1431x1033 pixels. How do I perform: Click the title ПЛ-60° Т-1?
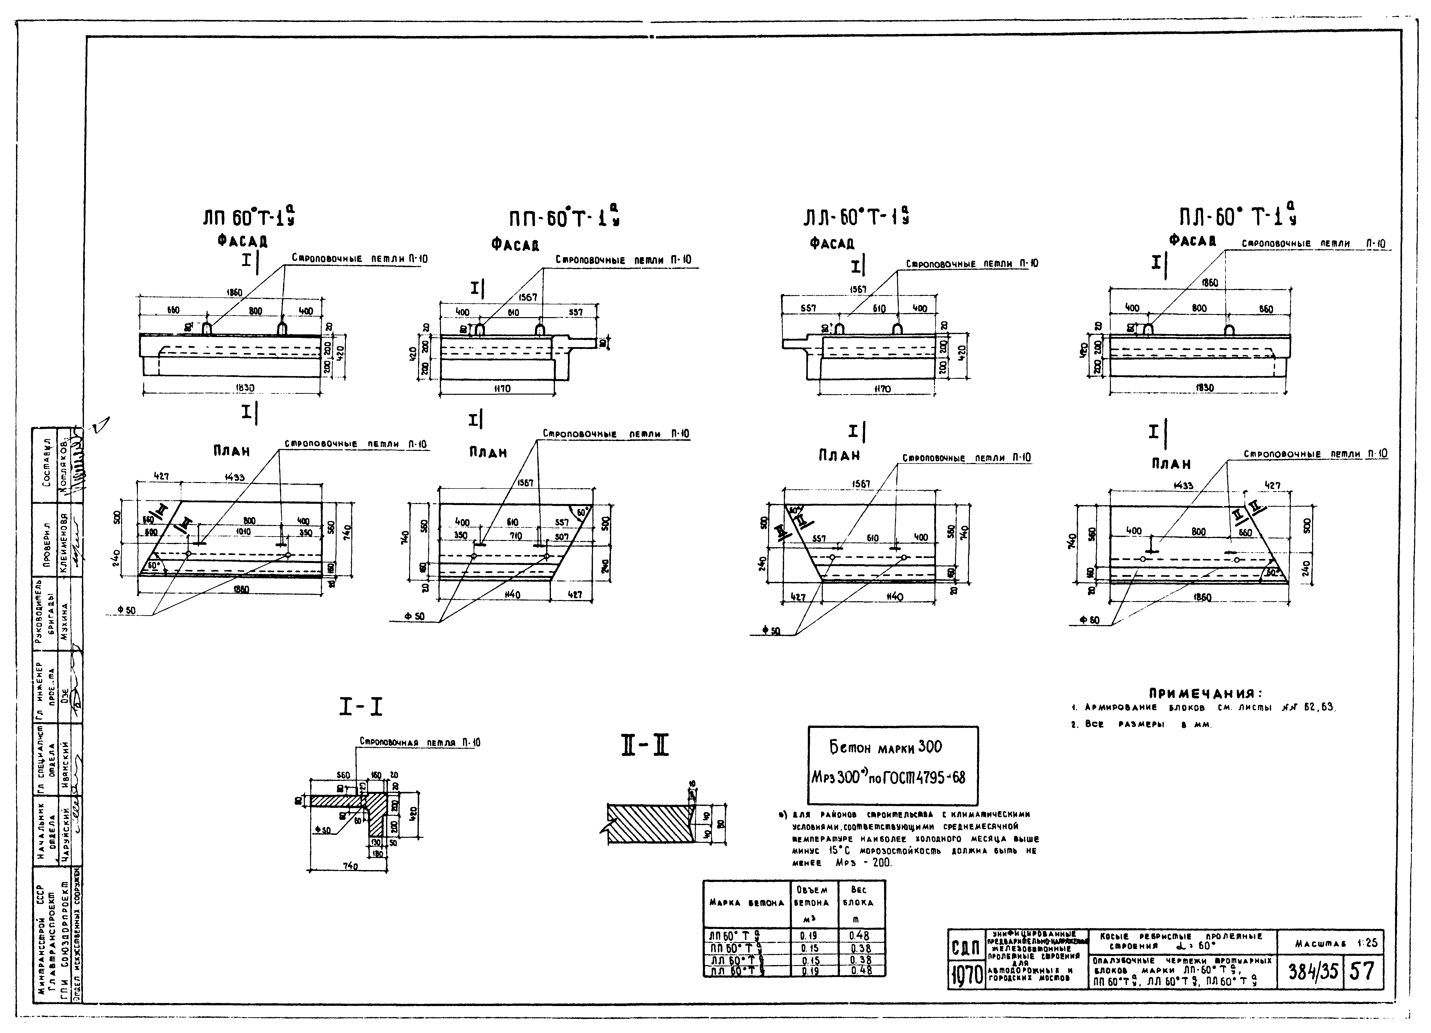[x=1238, y=217]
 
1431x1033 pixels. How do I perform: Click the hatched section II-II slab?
[x=650, y=822]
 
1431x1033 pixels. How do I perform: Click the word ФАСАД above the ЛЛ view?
[x=832, y=243]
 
